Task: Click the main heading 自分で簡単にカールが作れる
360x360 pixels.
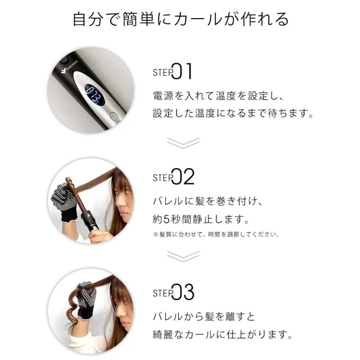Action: tap(180, 19)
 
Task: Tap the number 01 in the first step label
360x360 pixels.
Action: tap(183, 72)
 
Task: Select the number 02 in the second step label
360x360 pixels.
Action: tap(183, 177)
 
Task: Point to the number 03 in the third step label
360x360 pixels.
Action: tap(183, 292)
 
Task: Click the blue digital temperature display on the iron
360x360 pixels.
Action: tap(94, 94)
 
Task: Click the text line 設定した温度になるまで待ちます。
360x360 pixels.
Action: tap(233, 114)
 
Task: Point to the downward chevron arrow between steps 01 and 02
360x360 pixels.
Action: tap(183, 142)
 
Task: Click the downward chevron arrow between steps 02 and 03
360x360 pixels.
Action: tap(183, 256)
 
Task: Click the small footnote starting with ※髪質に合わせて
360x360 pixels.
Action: tap(216, 234)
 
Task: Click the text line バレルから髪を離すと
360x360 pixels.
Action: tap(204, 317)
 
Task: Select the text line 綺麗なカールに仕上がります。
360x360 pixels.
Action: tap(223, 334)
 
